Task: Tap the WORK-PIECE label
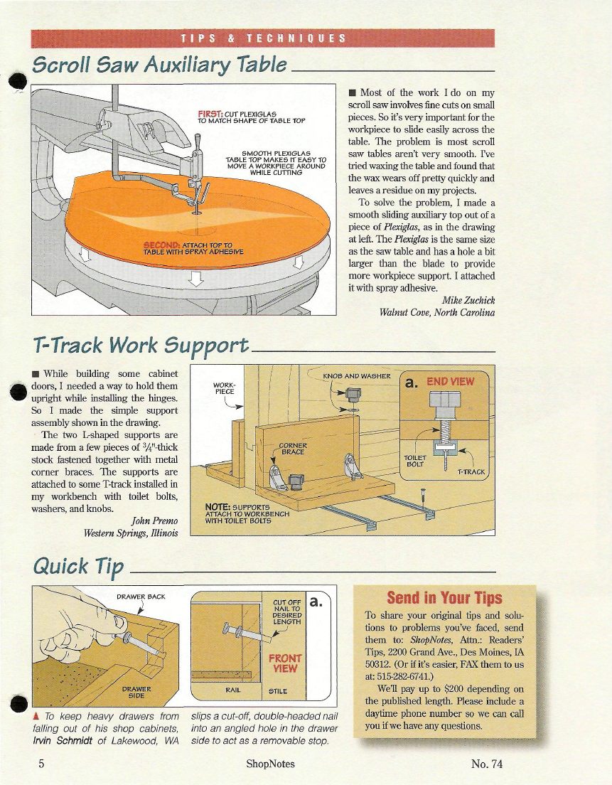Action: [224, 388]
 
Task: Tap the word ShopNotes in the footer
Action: [270, 764]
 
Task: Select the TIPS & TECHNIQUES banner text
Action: [263, 38]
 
